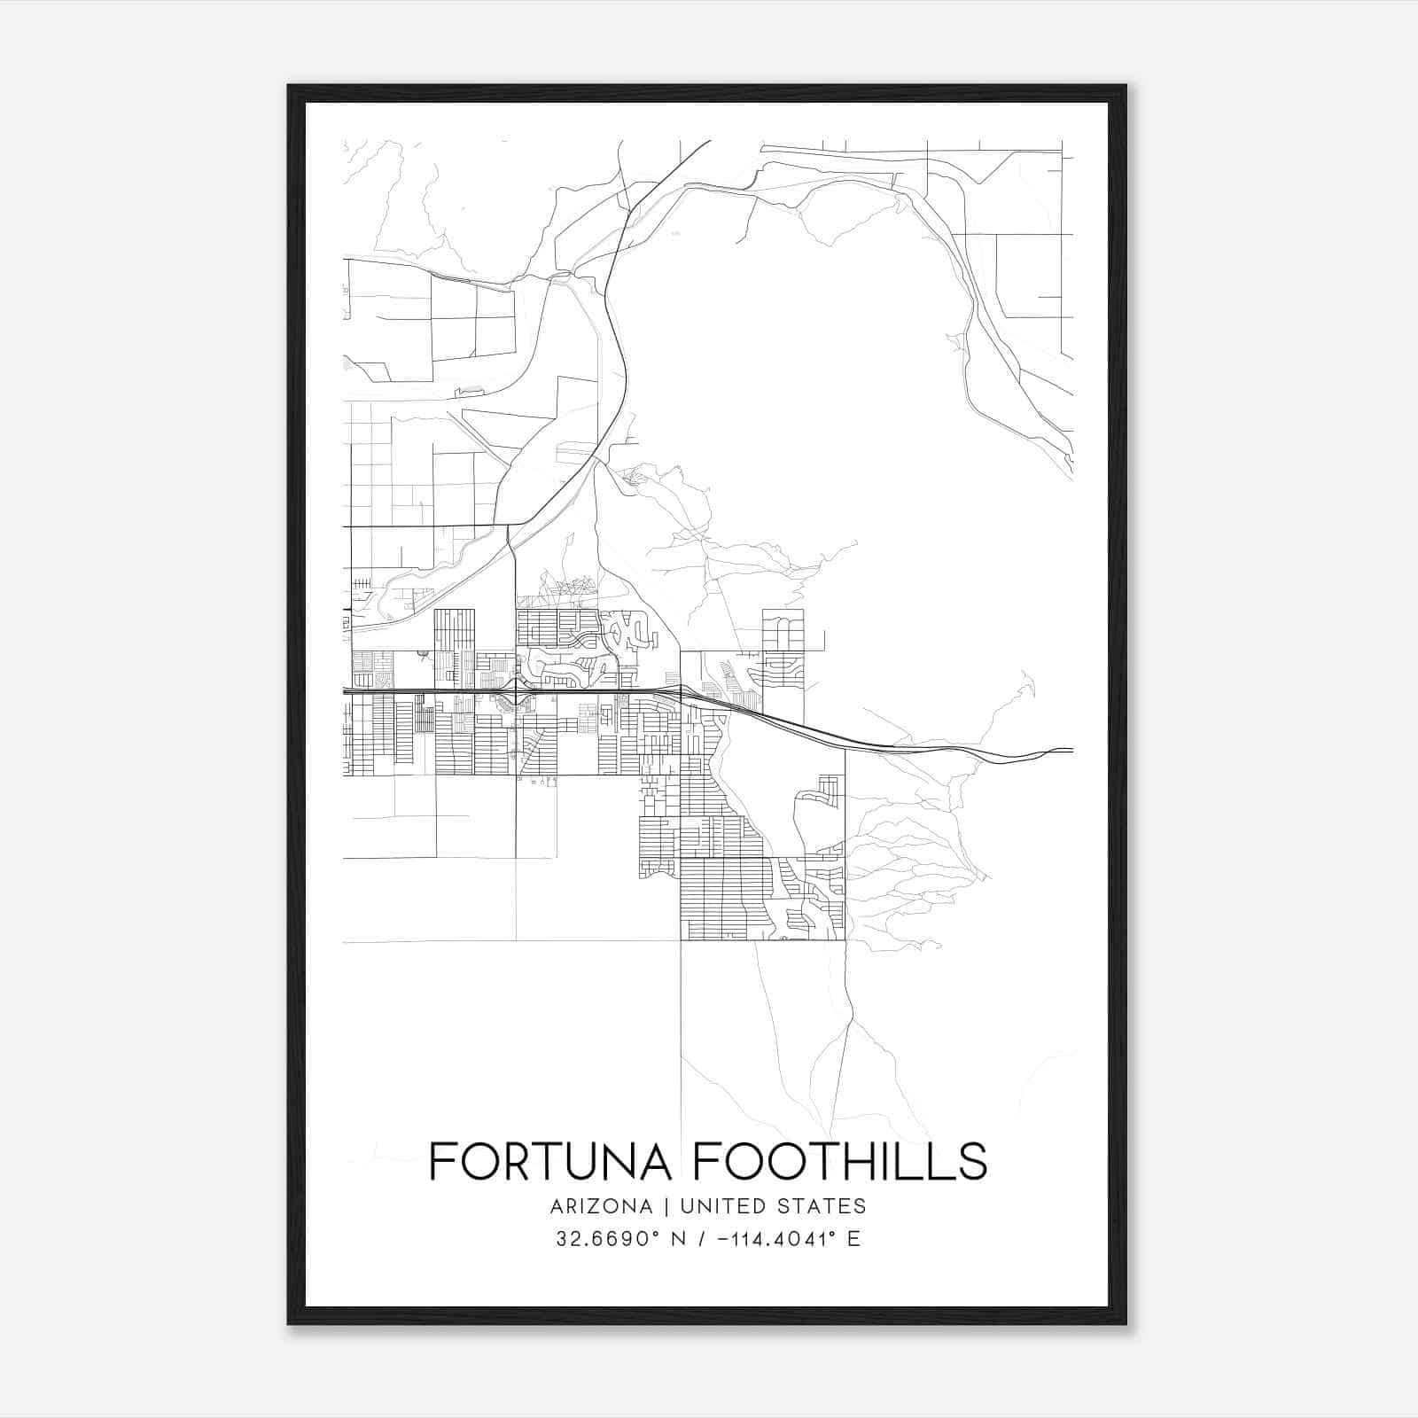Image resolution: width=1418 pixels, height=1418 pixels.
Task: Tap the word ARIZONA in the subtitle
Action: pyautogui.click(x=601, y=1206)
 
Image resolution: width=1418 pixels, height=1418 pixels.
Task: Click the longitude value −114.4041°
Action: pyautogui.click(x=780, y=1239)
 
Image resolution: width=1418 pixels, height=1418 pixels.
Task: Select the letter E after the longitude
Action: pyautogui.click(x=854, y=1239)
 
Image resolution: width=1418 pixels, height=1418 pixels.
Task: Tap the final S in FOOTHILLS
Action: pyautogui.click(x=972, y=1160)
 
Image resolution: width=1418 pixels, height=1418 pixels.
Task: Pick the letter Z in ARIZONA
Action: pyautogui.click(x=596, y=1206)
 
